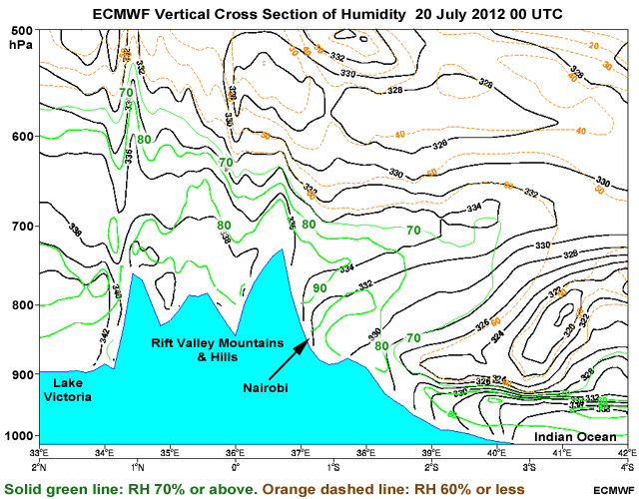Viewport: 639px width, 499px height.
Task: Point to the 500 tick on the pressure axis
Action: [20, 32]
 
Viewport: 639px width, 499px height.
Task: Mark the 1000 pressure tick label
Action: [18, 436]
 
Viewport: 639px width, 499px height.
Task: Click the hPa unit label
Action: [19, 46]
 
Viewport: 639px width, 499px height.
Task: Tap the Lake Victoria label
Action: [68, 389]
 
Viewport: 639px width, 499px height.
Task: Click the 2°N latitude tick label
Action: [40, 465]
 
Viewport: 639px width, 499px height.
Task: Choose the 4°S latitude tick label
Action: [626, 465]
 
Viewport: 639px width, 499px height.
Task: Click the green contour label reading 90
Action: [319, 288]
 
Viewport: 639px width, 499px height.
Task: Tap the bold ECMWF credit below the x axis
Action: [611, 490]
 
